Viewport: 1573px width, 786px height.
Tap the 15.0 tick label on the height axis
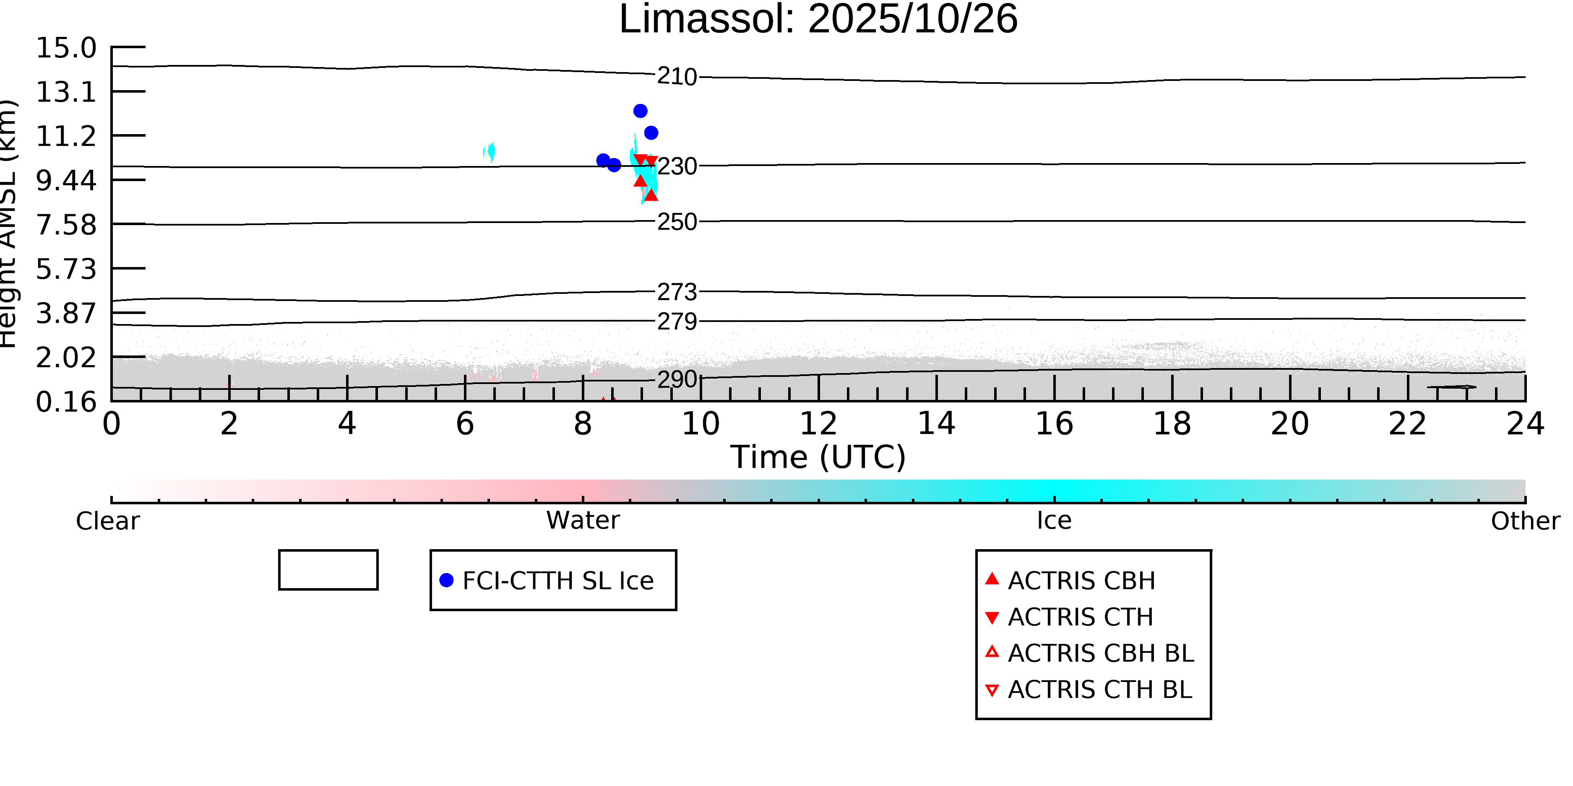point(66,48)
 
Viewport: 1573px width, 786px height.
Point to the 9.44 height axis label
point(66,181)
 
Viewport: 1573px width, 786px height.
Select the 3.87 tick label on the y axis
point(66,314)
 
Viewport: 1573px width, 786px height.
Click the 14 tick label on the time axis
point(936,424)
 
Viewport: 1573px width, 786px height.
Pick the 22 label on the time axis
point(1407,424)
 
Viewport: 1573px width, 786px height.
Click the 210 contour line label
point(677,77)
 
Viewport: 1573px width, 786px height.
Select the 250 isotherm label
point(677,222)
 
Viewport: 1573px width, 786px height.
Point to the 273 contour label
point(677,292)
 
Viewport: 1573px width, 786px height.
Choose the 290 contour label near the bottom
point(677,379)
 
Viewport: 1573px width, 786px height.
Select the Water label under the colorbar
point(583,521)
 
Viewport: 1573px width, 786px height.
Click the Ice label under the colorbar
point(1054,521)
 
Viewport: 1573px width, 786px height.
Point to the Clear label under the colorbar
point(107,521)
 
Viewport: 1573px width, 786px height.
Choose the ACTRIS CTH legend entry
point(1080,617)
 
